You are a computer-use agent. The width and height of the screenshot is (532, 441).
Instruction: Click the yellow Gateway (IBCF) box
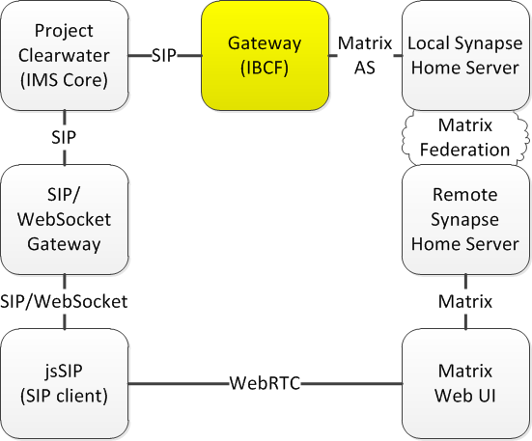tap(265, 56)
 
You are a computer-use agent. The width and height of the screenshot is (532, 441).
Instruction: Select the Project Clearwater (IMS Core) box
tap(65, 56)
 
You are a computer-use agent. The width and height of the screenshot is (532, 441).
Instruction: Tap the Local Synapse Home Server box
tap(465, 56)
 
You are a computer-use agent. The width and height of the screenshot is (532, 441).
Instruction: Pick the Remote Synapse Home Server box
tap(465, 220)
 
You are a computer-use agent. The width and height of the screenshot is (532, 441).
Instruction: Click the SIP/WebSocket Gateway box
tap(65, 220)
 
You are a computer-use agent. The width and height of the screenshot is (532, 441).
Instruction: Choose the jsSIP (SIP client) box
tap(65, 384)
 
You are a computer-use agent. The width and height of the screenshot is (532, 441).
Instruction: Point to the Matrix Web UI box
tap(465, 384)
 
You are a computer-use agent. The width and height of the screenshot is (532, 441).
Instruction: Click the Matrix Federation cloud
tap(465, 138)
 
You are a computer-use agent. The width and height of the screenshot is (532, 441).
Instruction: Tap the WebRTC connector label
tap(265, 383)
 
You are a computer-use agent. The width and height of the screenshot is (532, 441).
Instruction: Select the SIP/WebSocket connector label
tap(64, 301)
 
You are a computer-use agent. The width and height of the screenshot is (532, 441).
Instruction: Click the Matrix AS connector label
tap(365, 56)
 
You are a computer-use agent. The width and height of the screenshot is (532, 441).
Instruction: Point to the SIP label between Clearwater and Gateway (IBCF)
tap(164, 56)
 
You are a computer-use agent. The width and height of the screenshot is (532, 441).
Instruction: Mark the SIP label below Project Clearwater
tap(64, 137)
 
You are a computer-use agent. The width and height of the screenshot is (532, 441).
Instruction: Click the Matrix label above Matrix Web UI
tap(465, 301)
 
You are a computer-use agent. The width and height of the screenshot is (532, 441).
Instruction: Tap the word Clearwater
tap(64, 56)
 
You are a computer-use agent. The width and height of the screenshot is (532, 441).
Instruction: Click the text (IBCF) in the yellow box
tap(265, 69)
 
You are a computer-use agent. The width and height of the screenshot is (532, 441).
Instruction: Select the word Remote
tap(465, 195)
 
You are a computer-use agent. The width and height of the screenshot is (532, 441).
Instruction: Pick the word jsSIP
tap(64, 371)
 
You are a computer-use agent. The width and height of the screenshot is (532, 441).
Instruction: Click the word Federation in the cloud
tap(464, 150)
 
